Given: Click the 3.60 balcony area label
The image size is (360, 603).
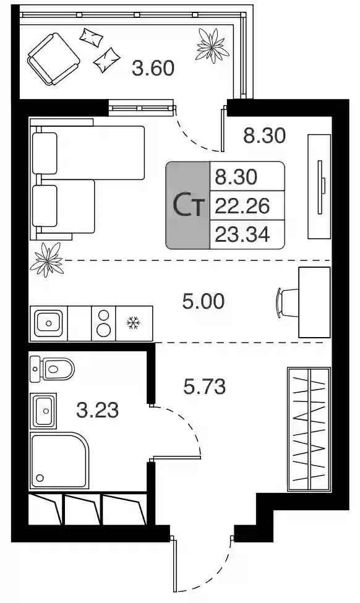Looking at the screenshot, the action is click(x=153, y=68).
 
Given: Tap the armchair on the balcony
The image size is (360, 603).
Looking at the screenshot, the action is click(x=53, y=59).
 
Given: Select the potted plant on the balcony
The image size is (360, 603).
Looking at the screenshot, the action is click(x=212, y=46).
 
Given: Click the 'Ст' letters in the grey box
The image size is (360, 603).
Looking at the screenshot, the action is click(x=187, y=205).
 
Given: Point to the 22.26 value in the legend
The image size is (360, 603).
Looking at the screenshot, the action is click(x=242, y=206).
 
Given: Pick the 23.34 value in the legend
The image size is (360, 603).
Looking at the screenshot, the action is click(x=242, y=234).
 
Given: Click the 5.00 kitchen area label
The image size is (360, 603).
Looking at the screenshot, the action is click(x=203, y=302).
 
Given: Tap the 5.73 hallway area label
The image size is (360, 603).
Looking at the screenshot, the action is click(x=204, y=387).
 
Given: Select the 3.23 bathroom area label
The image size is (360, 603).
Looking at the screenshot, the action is click(x=97, y=410).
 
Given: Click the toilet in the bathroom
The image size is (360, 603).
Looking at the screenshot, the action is click(x=52, y=369).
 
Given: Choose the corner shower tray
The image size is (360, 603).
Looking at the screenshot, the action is click(x=59, y=461).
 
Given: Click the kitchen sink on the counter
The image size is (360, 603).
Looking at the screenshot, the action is click(x=48, y=323).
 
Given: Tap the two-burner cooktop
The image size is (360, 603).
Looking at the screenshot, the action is click(x=103, y=323).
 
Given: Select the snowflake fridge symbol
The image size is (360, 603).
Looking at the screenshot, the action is click(x=134, y=323).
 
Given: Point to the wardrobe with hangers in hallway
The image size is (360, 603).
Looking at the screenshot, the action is click(x=309, y=429).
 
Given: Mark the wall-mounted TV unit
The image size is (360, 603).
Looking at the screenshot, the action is click(x=319, y=187).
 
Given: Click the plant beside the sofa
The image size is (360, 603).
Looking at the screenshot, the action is click(x=47, y=260).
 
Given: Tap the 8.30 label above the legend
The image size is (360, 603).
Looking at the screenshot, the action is click(x=265, y=135).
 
